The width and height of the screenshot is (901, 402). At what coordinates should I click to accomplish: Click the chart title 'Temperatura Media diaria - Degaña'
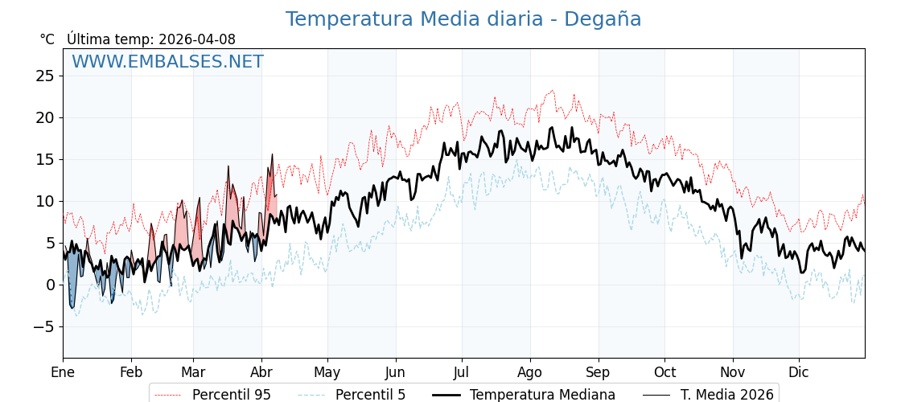[463, 19]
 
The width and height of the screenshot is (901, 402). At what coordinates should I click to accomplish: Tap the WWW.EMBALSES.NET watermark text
[167, 62]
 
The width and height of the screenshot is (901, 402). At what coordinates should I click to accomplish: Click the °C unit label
[47, 39]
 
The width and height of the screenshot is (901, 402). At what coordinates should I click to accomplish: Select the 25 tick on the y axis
[45, 76]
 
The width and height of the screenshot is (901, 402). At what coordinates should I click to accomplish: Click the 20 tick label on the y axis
[45, 117]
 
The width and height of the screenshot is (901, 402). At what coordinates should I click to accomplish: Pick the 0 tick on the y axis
[50, 285]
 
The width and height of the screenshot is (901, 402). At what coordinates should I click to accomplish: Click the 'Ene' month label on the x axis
[63, 372]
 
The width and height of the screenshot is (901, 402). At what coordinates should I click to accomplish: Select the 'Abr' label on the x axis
[261, 372]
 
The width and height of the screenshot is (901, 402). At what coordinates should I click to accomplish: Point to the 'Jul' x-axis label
[462, 372]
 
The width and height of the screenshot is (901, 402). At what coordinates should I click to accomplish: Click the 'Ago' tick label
[530, 372]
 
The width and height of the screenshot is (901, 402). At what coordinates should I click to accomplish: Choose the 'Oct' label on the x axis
[664, 372]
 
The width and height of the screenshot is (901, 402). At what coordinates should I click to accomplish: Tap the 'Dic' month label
[799, 372]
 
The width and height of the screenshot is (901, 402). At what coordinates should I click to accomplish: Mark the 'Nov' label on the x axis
[733, 372]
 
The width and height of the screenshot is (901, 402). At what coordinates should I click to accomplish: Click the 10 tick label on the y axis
[45, 201]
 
